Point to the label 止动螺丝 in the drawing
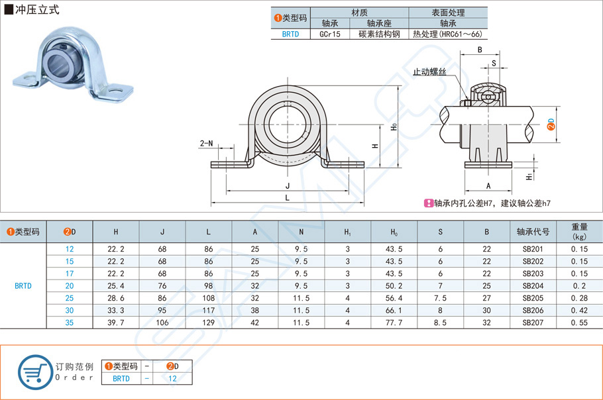click(429, 72)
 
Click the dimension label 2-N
click(207, 143)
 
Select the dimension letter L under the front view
click(287, 197)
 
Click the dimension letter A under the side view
click(488, 186)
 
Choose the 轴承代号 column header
click(533, 232)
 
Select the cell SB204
click(533, 285)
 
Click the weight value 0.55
click(579, 322)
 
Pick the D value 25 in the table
click(70, 298)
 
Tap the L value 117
click(209, 310)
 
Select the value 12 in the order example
click(172, 379)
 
